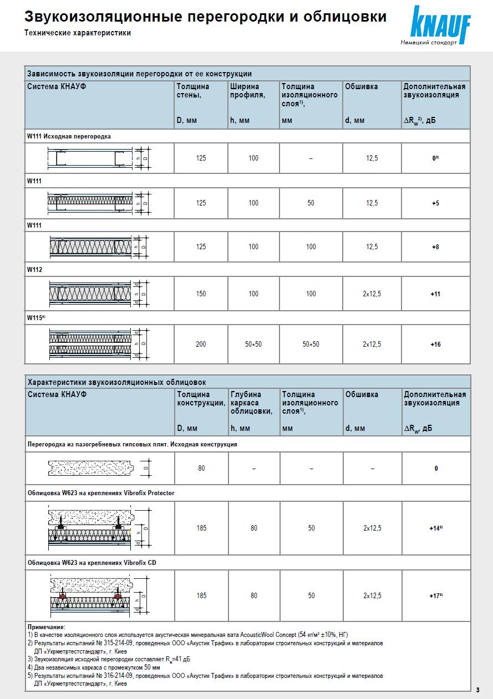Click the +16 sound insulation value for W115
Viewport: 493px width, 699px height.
pyautogui.click(x=435, y=345)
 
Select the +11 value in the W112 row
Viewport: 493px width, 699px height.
pyautogui.click(x=435, y=294)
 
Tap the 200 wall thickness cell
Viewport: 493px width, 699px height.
pyautogui.click(x=201, y=345)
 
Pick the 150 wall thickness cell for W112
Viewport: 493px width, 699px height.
pyautogui.click(x=201, y=294)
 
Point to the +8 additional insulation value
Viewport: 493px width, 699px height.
pyautogui.click(x=435, y=247)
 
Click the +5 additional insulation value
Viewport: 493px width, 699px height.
pyautogui.click(x=435, y=203)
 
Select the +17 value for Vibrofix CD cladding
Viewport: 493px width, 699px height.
pyautogui.click(x=436, y=596)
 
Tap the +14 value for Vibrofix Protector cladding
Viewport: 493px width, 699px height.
pyautogui.click(x=436, y=528)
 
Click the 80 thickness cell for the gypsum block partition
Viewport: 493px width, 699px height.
pyautogui.click(x=201, y=469)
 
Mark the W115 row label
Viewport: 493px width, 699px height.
pyautogui.click(x=35, y=317)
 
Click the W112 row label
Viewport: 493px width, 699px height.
pyautogui.click(x=34, y=269)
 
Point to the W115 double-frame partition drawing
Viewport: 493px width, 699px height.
pyautogui.click(x=100, y=344)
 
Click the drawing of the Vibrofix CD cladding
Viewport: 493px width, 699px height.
pyautogui.click(x=100, y=595)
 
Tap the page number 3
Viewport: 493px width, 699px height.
pyautogui.click(x=477, y=690)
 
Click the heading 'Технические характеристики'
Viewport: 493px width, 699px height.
pyautogui.click(x=78, y=33)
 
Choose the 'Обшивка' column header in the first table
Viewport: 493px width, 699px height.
pyautogui.click(x=362, y=86)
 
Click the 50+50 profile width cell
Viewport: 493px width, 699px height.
pyautogui.click(x=253, y=345)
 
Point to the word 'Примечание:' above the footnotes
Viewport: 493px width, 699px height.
pyautogui.click(x=47, y=626)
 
